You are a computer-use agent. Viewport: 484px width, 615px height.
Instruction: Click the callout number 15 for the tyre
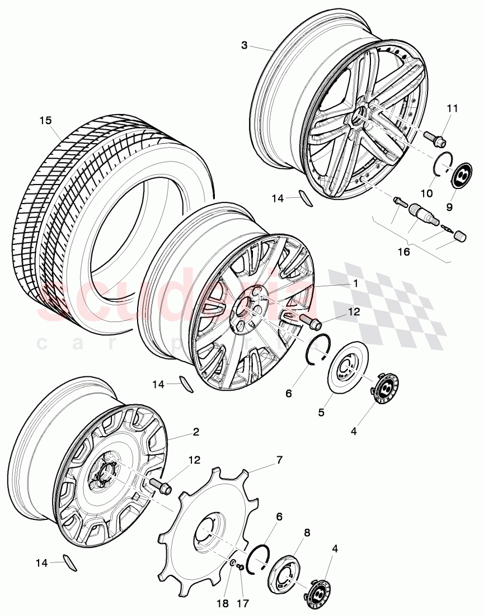(45, 121)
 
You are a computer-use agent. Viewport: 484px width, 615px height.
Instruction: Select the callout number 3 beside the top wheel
(244, 45)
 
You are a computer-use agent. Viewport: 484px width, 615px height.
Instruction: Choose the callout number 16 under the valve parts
(404, 252)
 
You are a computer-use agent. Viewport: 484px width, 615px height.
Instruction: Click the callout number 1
(355, 283)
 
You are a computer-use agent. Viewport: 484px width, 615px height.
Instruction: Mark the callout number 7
(279, 460)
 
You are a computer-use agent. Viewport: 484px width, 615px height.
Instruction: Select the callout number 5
(321, 413)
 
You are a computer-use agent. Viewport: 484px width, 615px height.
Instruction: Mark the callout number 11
(452, 108)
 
